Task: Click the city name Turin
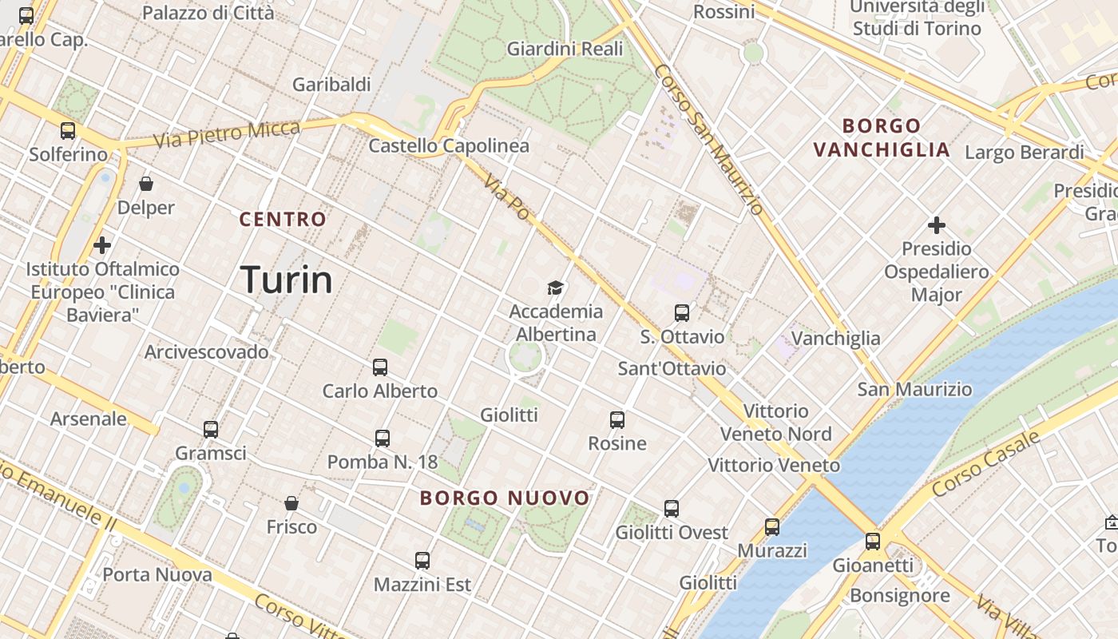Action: tap(287, 280)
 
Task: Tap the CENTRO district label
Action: tap(283, 219)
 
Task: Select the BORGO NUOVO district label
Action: tap(505, 498)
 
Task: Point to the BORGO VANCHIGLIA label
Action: tap(882, 137)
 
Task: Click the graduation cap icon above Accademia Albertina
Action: tap(555, 288)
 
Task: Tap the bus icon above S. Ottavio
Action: tap(681, 313)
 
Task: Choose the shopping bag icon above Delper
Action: tap(146, 185)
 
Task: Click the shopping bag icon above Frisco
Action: tap(291, 503)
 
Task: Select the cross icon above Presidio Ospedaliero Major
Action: tap(937, 225)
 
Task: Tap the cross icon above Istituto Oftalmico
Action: tap(102, 245)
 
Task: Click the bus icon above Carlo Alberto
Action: tap(380, 367)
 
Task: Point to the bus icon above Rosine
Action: tap(616, 420)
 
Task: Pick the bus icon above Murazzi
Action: tap(771, 527)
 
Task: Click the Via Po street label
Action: tap(506, 197)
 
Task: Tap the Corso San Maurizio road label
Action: tap(709, 139)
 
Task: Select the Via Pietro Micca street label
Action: tap(227, 133)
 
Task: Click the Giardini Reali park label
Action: tap(565, 49)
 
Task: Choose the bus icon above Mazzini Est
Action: tap(422, 561)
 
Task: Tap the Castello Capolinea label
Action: tap(449, 145)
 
